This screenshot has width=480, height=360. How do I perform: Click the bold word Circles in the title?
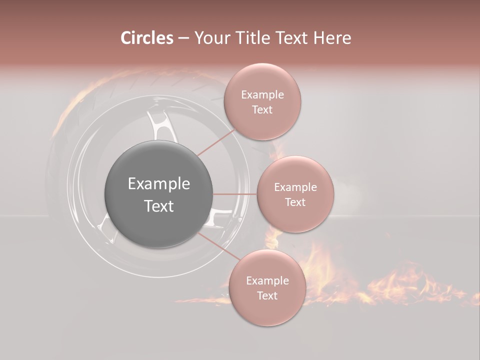(146, 38)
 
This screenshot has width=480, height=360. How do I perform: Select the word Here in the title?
(332, 38)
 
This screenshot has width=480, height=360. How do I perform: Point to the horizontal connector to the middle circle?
(235, 194)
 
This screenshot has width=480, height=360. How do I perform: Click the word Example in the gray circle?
(158, 184)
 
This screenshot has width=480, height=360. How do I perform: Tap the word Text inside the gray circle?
(158, 206)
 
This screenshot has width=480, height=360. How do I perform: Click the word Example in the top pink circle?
(262, 94)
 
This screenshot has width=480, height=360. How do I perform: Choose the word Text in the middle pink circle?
(295, 202)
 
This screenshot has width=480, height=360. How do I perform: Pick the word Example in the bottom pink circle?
(267, 280)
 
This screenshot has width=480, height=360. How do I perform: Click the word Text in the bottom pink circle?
(267, 295)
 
